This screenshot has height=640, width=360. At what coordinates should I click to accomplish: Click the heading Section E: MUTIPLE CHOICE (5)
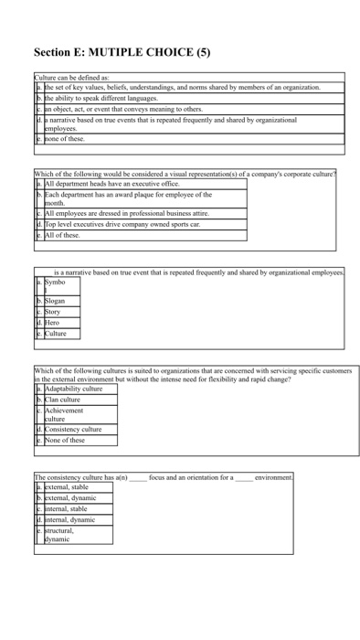pos(122,52)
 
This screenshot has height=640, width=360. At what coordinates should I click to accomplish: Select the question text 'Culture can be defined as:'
pos(72,78)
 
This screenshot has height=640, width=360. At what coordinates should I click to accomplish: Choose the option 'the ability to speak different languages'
pos(101,97)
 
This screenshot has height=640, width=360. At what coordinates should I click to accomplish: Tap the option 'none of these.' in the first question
pos(65,139)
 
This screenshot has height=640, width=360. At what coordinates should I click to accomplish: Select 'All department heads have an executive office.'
pos(114,184)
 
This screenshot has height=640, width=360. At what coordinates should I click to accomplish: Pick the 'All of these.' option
pos(63,235)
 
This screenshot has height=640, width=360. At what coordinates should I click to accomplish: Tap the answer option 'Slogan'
pos(57,301)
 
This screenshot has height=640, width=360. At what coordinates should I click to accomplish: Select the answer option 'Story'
pos(54,312)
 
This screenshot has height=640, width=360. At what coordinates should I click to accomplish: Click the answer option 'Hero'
pos(54,323)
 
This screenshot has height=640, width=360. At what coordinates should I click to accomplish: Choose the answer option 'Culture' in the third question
pos(57,334)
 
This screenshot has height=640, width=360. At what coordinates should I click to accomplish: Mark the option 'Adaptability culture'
pos(74,389)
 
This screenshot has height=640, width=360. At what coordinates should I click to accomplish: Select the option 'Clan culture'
pos(63,400)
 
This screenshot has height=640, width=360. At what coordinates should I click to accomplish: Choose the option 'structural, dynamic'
pos(62,535)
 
